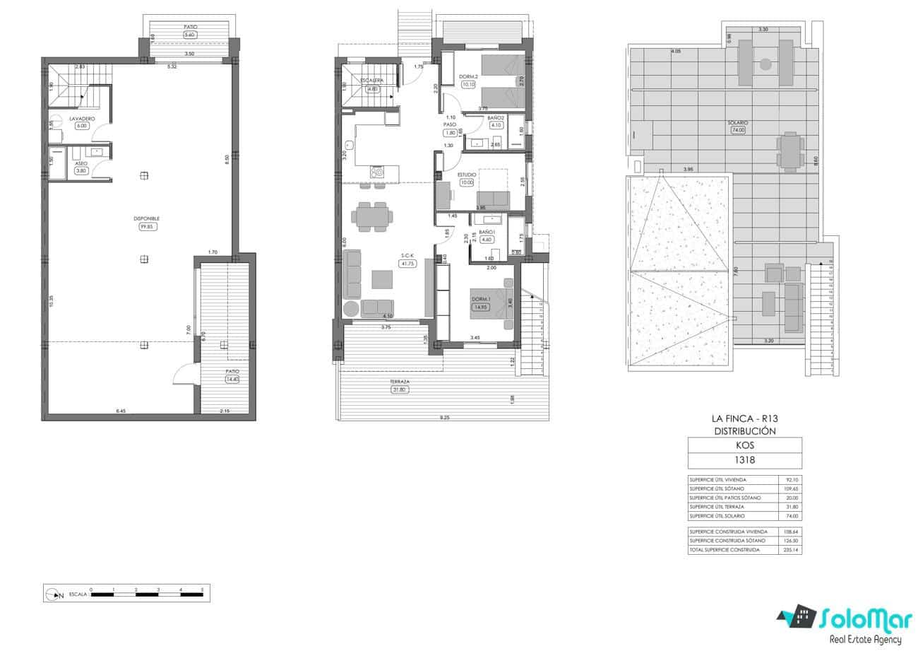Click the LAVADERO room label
[82, 119]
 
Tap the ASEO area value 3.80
[81, 170]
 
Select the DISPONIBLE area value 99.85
[148, 227]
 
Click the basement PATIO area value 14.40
[232, 380]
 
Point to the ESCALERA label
[371, 81]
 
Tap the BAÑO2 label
[495, 118]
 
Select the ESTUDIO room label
[467, 175]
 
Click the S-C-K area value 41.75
[407, 264]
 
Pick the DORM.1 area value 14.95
[481, 307]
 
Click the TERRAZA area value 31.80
[400, 389]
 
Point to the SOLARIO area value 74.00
[739, 130]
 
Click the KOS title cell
[744, 445]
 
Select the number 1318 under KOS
[744, 459]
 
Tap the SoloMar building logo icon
[799, 617]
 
